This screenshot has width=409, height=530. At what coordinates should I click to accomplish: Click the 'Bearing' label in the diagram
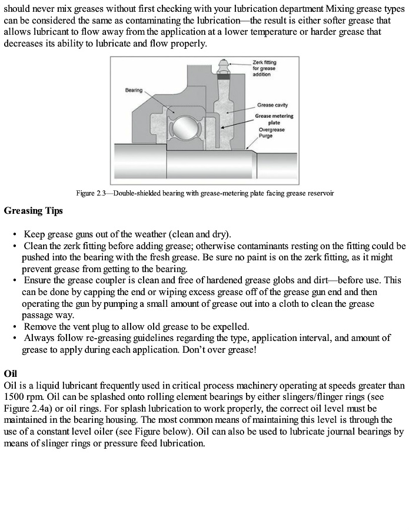134,90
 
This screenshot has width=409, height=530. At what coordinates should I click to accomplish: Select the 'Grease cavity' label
272,105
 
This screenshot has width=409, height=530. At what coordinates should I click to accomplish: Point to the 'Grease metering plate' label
274,119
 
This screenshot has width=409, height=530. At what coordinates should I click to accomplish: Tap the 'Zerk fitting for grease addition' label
264,68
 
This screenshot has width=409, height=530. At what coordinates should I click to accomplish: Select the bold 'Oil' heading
11,373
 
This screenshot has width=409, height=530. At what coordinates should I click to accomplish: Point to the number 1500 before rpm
14,396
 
